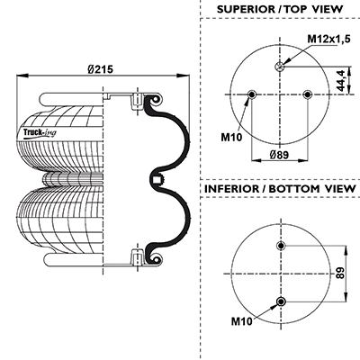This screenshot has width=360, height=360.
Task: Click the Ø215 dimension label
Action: (x=101, y=69)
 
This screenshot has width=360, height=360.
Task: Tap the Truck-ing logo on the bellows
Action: (x=40, y=132)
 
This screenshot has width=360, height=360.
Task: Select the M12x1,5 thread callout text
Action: (x=328, y=39)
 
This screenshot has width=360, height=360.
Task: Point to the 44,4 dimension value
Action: (x=341, y=80)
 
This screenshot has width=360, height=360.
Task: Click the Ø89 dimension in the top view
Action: (x=279, y=155)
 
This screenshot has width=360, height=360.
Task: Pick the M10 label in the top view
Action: (x=231, y=138)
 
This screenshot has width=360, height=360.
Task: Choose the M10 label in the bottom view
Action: (x=241, y=321)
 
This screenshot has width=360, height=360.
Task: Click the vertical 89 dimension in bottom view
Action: (x=340, y=273)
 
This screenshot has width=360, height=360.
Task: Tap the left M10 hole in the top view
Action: (x=251, y=94)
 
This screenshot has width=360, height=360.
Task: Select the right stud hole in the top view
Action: (x=307, y=94)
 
